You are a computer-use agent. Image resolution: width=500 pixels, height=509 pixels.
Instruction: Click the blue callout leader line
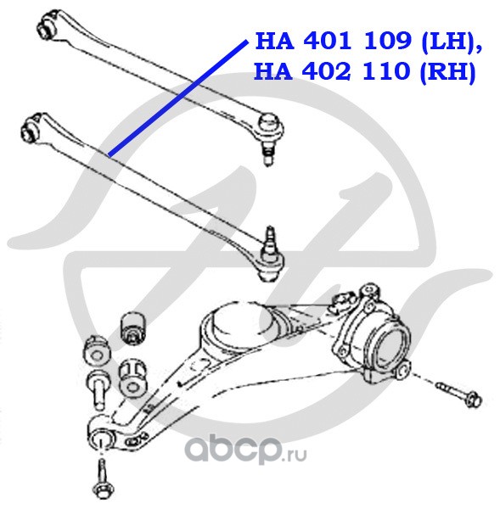(x=178, y=98)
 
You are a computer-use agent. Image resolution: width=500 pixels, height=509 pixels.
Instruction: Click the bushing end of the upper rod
(x=48, y=25)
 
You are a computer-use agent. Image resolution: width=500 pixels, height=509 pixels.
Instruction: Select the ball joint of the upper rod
(x=270, y=125)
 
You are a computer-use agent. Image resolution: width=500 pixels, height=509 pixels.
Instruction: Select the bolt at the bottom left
(x=104, y=480)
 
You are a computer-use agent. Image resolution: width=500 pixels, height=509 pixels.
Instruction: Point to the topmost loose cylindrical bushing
(x=134, y=328)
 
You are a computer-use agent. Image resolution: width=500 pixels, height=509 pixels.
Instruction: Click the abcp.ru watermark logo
(x=245, y=449)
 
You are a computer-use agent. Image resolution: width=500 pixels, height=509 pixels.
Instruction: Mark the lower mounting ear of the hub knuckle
(x=402, y=371)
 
